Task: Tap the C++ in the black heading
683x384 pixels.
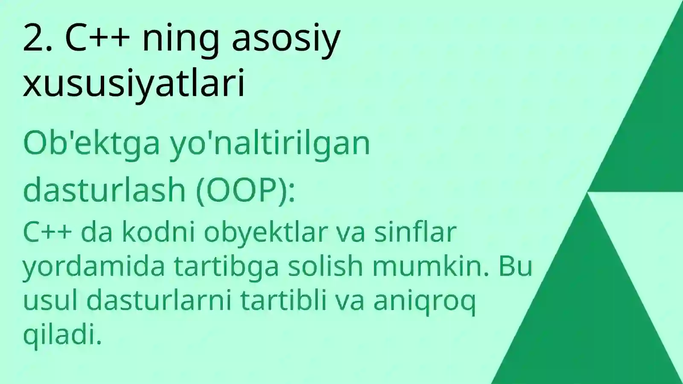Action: pyautogui.click(x=97, y=39)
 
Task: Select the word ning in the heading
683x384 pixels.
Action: pyautogui.click(x=181, y=41)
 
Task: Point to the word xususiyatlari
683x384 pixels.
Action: pyautogui.click(x=134, y=83)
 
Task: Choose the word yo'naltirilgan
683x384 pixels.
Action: pyautogui.click(x=270, y=144)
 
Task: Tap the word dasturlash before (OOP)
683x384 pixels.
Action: pyautogui.click(x=104, y=190)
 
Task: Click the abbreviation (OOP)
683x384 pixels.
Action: pyautogui.click(x=245, y=190)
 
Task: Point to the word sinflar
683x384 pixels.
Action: pyautogui.click(x=415, y=233)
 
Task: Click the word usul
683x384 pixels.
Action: pyautogui.click(x=50, y=301)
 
